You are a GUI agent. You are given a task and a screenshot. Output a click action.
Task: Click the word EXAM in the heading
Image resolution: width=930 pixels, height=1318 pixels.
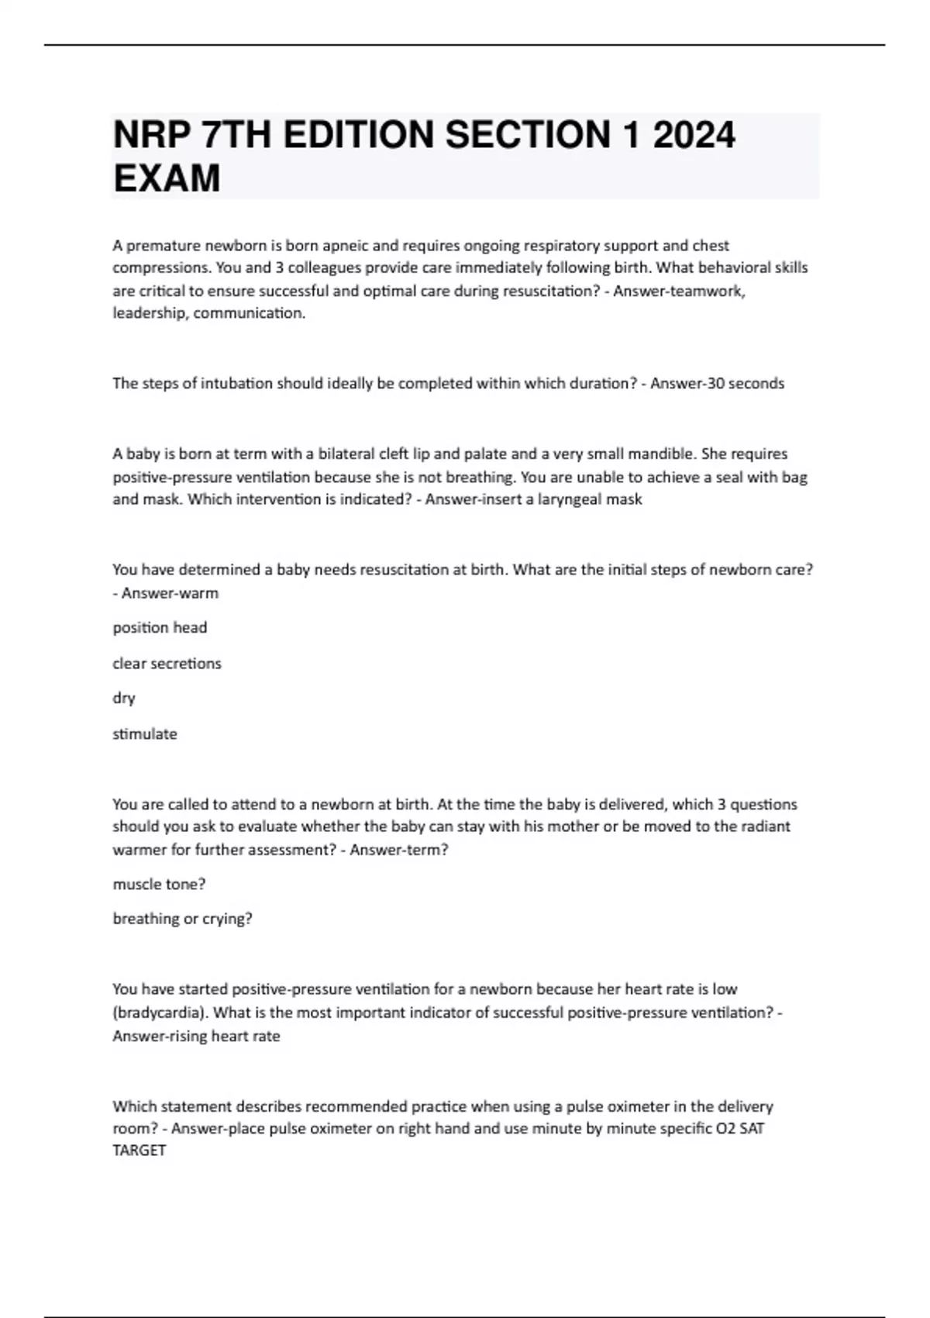[x=167, y=178]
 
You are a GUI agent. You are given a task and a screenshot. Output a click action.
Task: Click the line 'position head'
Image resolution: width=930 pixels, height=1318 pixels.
[x=160, y=627]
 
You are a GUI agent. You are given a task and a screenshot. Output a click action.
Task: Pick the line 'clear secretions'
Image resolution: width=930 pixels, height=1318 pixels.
[x=167, y=663]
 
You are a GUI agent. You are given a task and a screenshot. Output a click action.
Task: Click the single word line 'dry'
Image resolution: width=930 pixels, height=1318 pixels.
[x=124, y=698]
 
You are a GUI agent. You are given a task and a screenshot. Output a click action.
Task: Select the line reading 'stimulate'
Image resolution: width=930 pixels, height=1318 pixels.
[x=145, y=733]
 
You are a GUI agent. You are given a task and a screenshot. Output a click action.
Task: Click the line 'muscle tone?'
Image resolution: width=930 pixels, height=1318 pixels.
[x=159, y=884]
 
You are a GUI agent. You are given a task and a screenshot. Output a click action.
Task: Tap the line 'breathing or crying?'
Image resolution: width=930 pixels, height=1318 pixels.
[x=182, y=919]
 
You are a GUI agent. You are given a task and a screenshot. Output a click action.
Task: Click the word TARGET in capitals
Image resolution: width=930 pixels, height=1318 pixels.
[x=139, y=1151]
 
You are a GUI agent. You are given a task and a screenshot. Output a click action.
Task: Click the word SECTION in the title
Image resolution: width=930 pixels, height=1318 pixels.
[x=528, y=135]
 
